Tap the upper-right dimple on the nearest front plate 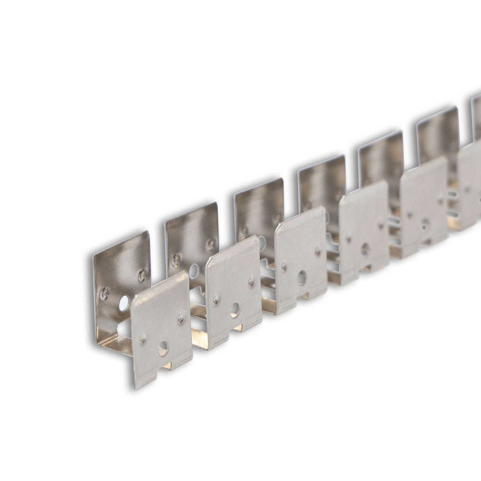181,317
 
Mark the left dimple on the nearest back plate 104,292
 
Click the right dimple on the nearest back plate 141,275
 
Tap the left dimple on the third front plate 284,265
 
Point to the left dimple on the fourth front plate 348,239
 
